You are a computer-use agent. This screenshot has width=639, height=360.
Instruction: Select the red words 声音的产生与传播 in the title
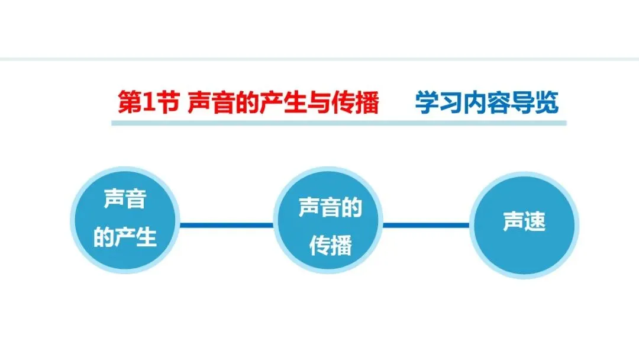coord(283,103)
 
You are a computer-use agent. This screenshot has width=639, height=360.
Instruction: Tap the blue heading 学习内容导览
coord(486,102)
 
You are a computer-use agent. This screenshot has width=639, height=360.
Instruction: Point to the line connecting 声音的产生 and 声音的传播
coord(226,225)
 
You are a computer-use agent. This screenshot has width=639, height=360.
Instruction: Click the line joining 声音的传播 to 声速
coord(427,225)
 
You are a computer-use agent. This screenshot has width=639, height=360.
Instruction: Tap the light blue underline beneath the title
coord(338,123)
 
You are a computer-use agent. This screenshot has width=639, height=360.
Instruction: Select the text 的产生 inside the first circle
coord(125,237)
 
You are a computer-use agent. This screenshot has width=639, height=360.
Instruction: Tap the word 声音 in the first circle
coord(125,200)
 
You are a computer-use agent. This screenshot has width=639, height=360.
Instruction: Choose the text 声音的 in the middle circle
coord(330,208)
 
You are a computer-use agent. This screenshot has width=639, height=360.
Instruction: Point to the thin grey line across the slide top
coord(319,59)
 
